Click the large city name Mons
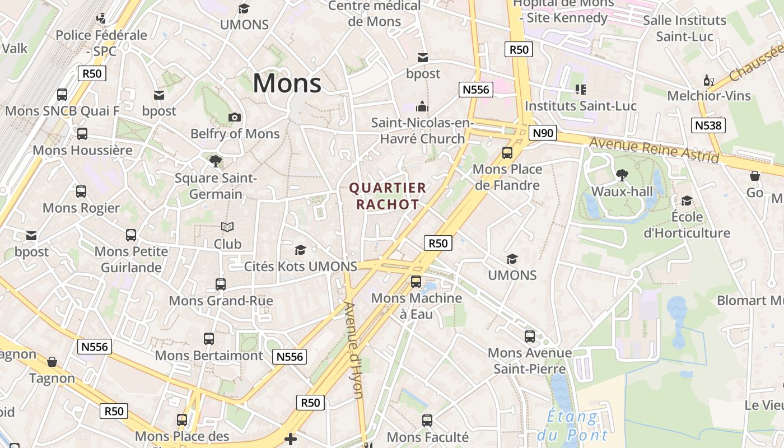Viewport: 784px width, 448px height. coord(287,83)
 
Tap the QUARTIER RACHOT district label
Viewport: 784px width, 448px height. coord(388,196)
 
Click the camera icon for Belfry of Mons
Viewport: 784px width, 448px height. coord(235,117)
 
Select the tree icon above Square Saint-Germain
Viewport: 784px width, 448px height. coord(215,161)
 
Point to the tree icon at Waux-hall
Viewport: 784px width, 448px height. coord(622,175)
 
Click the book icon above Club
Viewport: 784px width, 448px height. coord(227,227)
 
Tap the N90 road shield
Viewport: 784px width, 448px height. coord(543,133)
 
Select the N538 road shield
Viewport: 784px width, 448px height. coord(708,125)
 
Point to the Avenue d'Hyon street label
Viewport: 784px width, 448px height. coord(354,350)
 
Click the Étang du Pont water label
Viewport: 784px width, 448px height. coord(572,426)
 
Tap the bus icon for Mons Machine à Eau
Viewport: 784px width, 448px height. coord(416,281)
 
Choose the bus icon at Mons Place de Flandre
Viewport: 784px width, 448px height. coord(507,152)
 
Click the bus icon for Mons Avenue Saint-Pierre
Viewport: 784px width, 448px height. coord(529,336)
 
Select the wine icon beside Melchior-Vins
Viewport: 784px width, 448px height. coord(708,81)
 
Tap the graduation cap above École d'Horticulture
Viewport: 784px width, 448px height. coord(686,200)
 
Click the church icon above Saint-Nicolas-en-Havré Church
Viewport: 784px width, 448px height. coord(422,106)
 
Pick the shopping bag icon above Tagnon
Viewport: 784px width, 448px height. coord(52,362)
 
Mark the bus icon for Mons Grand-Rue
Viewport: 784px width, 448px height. coord(221,284)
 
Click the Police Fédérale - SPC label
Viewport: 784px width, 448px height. coord(101,43)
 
